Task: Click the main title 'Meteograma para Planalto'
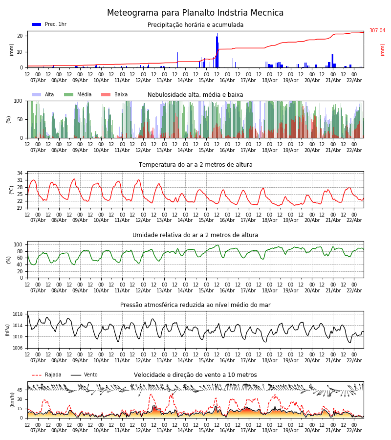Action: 195,13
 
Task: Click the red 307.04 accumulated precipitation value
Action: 377,31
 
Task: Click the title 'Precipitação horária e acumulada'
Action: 195,25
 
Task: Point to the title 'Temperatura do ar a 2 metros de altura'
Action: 195,165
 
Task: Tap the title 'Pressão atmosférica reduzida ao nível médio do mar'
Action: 195,305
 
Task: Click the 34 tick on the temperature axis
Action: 20,174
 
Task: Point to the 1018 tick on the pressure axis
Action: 18,314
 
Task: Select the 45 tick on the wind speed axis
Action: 20,390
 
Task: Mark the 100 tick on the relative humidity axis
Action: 18,244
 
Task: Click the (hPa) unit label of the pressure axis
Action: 8,330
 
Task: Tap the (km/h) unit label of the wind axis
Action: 12,400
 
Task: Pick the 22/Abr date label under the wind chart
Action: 354,430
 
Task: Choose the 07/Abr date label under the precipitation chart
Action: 38,80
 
